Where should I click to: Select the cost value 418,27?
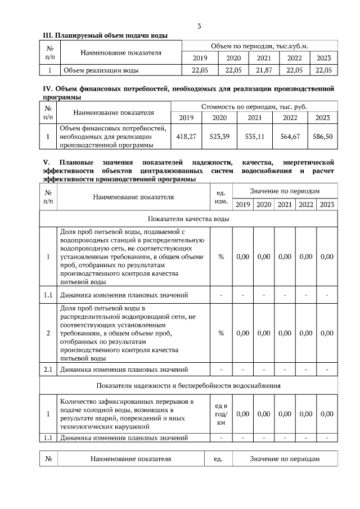(186, 136)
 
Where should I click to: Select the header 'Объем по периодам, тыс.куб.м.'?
(259, 46)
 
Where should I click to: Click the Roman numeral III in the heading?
(48, 35)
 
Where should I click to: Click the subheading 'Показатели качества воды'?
(188, 219)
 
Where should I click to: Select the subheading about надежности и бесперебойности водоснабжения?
(188, 385)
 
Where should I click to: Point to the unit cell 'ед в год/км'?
(221, 414)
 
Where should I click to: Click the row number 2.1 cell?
(48, 370)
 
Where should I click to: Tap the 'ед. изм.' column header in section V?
(221, 196)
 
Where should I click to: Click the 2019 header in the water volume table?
(200, 58)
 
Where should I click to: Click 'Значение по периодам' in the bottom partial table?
(285, 459)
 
